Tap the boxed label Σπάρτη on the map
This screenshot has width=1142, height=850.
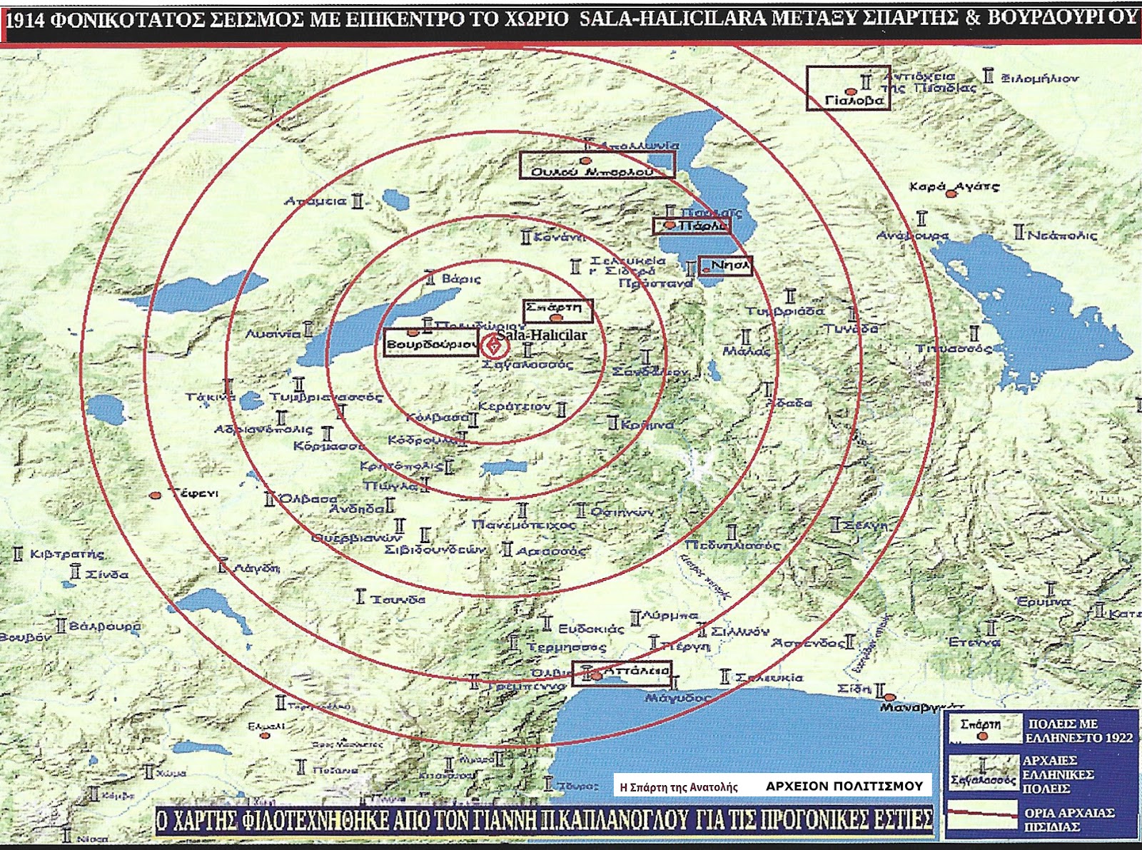[554, 308]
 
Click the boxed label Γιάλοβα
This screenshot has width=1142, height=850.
[854, 101]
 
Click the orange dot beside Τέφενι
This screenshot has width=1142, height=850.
[156, 495]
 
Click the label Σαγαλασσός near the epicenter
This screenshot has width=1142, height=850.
[527, 365]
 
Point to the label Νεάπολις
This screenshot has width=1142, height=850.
[1061, 235]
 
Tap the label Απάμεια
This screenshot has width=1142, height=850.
[315, 201]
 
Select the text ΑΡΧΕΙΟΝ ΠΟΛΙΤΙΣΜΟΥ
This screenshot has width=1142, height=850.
[844, 786]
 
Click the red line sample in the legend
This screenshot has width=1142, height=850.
[981, 812]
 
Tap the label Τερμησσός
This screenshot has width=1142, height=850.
[567, 647]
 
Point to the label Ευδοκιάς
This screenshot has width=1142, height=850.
[591, 629]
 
